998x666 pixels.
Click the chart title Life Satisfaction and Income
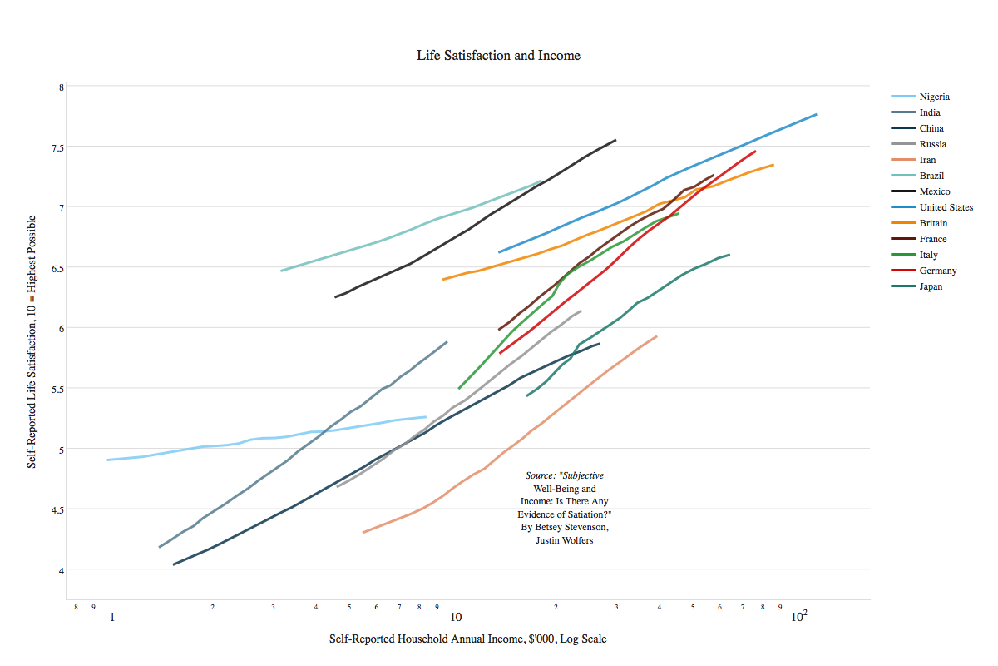click(x=498, y=56)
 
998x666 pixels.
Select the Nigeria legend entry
click(x=934, y=97)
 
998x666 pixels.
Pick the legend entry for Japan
click(x=931, y=286)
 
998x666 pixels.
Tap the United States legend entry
click(x=946, y=207)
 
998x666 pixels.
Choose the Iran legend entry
click(x=927, y=160)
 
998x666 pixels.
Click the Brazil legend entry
click(x=931, y=176)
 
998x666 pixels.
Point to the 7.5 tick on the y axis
click(x=56, y=147)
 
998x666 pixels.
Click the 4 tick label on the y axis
click(x=61, y=569)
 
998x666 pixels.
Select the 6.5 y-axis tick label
click(x=56, y=268)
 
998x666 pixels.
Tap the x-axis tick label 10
click(x=456, y=618)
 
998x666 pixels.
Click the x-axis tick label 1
click(x=111, y=618)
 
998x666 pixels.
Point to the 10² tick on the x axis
click(x=798, y=617)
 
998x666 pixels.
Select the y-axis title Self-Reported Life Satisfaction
click(x=32, y=340)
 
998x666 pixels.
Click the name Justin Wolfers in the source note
click(x=565, y=540)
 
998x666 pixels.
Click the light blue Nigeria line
click(x=249, y=439)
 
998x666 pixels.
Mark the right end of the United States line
click(x=816, y=114)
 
